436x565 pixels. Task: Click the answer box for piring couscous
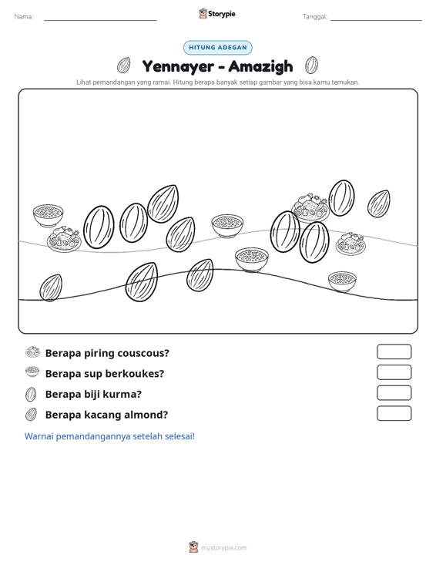pos(394,351)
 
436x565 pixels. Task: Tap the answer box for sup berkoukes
pos(394,372)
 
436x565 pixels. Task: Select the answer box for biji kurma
pos(394,393)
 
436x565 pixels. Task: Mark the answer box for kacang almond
pos(394,413)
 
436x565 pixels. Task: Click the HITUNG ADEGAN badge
pos(218,48)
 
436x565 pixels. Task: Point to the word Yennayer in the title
pos(178,66)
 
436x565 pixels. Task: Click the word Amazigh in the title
pos(260,66)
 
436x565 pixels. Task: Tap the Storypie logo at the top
pos(217,14)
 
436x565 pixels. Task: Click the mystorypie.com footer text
pos(224,548)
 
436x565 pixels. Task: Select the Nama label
pos(24,17)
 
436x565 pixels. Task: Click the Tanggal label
pos(315,17)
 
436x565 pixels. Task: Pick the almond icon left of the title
pos(123,66)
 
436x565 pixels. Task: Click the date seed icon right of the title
pos(311,66)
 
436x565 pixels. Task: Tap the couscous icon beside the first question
pos(33,352)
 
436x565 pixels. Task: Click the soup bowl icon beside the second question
pos(32,372)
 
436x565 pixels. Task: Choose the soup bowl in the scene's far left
pos(49,215)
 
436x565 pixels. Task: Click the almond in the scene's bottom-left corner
pos(51,288)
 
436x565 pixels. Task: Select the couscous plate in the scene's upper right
pos(310,208)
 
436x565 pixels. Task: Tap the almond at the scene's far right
pos(379,203)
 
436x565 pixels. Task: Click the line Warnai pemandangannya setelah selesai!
pos(109,436)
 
